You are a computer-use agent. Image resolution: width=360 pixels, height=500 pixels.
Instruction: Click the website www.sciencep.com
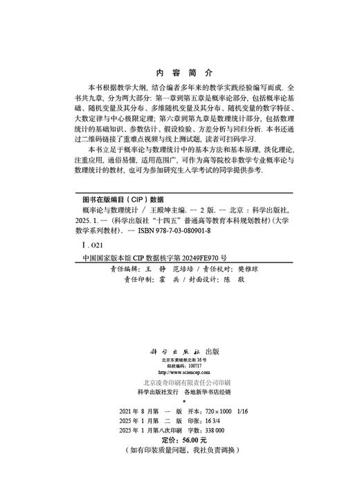(183, 370)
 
